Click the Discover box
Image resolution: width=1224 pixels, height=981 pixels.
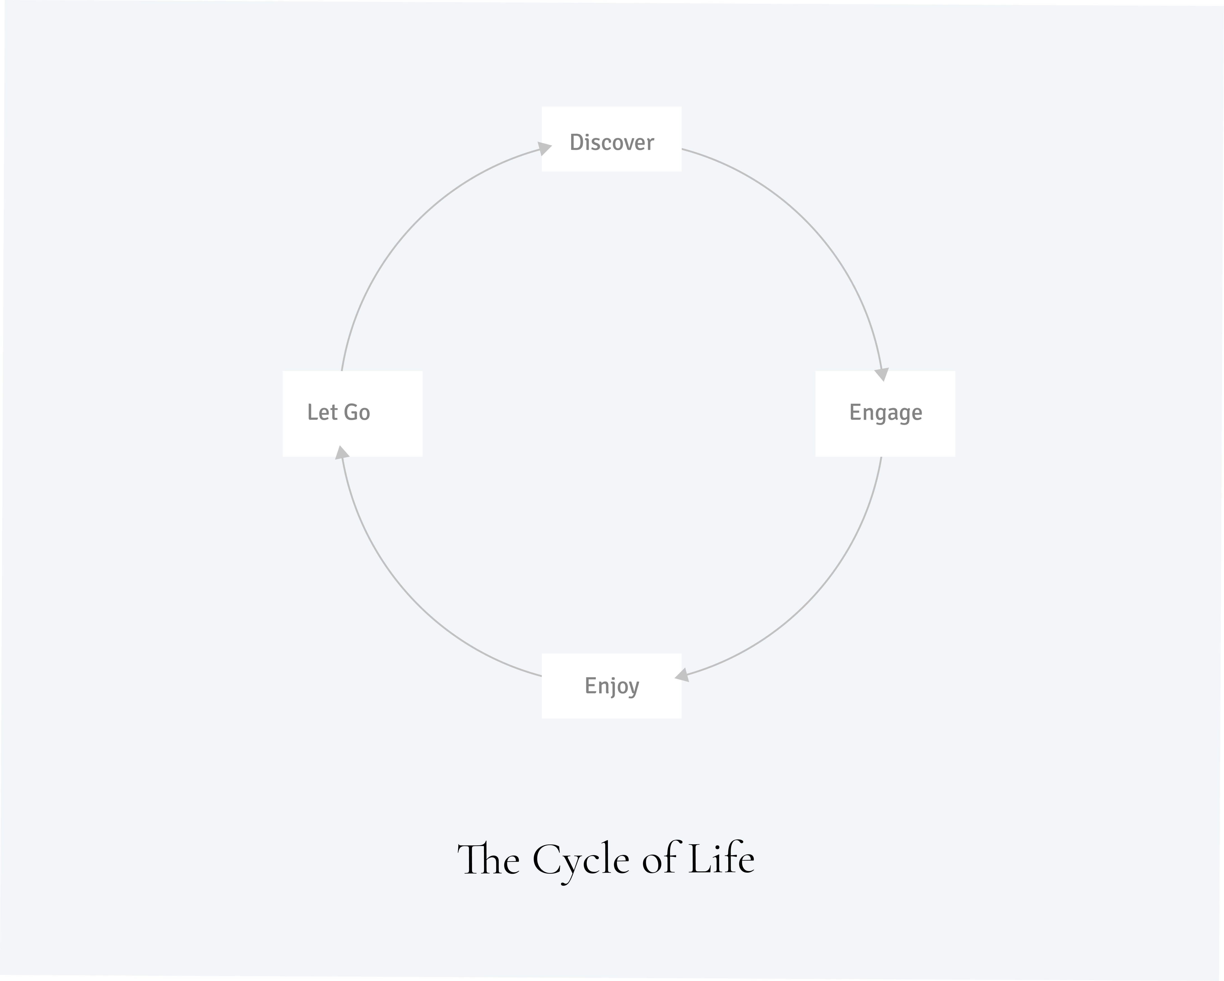(611, 139)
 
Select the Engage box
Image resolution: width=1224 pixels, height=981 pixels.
(885, 414)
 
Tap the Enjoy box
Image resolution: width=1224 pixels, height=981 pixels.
(611, 686)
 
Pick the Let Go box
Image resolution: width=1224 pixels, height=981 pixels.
(353, 414)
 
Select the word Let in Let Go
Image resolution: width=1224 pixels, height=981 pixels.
(323, 413)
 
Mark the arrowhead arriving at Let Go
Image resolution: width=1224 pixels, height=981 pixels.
(342, 452)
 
